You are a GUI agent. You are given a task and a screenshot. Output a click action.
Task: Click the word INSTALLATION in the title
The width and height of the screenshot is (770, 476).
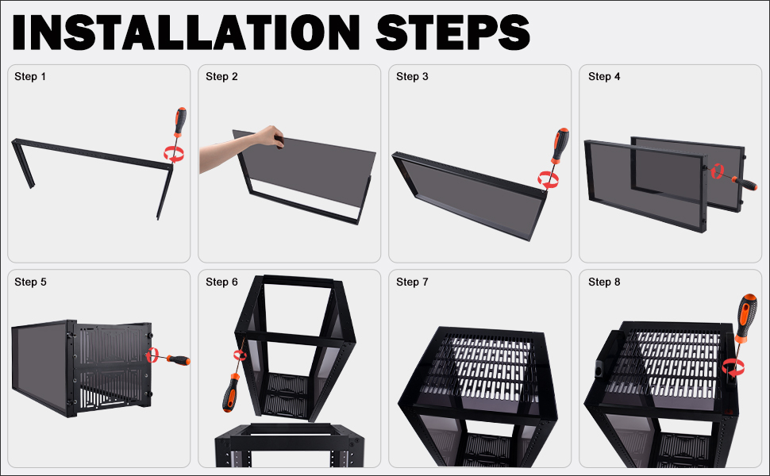coord(186,32)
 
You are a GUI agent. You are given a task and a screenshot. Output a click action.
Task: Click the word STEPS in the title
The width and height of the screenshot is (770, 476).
coord(452,32)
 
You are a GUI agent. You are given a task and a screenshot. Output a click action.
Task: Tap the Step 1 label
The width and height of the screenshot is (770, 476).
coord(30,76)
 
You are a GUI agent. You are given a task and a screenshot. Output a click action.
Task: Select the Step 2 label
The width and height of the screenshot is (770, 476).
coord(221,76)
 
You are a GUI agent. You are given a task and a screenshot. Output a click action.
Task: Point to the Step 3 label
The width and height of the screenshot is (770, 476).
coord(412,76)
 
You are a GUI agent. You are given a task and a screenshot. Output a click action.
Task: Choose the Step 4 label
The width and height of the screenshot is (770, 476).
coord(604,76)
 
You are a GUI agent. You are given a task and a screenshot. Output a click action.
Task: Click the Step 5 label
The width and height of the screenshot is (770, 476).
coord(30,282)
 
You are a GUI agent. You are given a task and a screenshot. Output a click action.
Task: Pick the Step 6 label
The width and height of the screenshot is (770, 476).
coord(221,282)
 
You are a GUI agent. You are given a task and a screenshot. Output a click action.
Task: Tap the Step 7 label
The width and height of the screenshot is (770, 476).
coord(412,282)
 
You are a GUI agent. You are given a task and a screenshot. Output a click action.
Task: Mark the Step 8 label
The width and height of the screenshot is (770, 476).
coord(604,282)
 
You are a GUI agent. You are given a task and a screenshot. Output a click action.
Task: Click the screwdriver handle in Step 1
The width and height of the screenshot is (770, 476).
coord(180,121)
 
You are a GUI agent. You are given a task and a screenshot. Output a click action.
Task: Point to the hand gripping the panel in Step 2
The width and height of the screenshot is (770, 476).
coord(268,136)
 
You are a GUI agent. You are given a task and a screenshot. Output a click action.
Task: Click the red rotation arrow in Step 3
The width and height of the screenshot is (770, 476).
coord(548,179)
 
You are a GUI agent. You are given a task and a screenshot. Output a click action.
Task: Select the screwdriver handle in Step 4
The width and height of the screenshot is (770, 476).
coord(745,183)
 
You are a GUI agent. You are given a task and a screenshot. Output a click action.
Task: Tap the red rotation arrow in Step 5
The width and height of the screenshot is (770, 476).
coord(152,355)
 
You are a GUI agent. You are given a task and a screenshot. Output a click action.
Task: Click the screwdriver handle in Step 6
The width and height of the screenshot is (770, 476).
coord(230,393)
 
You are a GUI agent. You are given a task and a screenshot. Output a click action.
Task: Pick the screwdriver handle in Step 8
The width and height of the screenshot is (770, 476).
coord(745,317)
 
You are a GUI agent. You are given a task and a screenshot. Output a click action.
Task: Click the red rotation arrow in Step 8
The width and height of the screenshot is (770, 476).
coord(733,367)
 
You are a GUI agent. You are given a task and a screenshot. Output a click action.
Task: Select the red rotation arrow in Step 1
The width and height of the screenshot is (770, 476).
coord(174,154)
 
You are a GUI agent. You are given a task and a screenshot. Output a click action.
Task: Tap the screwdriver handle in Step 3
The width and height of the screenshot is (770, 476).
coord(560,145)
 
